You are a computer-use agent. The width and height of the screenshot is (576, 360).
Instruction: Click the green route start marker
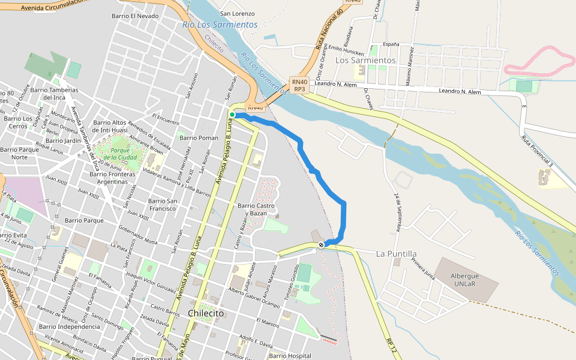click(232, 115)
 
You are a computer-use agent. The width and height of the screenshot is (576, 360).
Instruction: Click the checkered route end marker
click(322, 244)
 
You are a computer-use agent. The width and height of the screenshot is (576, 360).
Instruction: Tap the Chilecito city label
click(206, 314)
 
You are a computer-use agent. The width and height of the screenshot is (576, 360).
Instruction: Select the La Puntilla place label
click(396, 254)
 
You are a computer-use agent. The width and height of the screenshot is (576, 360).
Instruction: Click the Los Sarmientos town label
click(365, 60)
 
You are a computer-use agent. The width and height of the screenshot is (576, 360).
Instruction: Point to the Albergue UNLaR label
click(465, 280)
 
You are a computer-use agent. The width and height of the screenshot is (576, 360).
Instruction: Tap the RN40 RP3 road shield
click(299, 85)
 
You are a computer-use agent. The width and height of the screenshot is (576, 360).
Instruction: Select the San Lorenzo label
click(238, 13)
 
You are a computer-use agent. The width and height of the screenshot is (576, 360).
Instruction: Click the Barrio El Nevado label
click(136, 16)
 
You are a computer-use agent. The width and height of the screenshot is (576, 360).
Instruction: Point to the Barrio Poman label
click(199, 137)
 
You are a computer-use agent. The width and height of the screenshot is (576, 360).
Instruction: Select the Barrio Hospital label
click(291, 356)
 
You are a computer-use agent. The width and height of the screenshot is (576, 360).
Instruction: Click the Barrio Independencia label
click(70, 326)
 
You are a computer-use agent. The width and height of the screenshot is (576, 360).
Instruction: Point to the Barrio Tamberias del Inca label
click(54, 94)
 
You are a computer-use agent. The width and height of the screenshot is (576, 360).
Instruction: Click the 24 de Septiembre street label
click(398, 212)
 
